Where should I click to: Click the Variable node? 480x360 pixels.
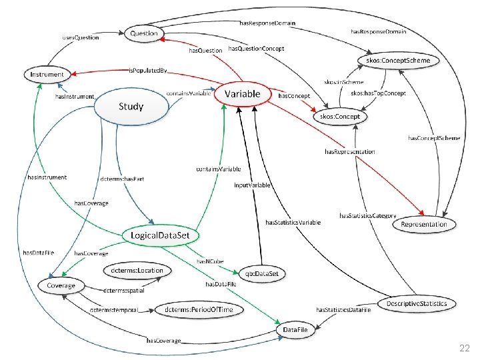[241, 94]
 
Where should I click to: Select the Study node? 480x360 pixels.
[131, 107]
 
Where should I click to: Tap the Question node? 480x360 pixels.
[144, 33]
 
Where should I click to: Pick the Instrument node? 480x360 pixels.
[47, 75]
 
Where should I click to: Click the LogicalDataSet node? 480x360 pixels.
[161, 235]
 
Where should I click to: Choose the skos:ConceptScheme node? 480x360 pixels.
[399, 61]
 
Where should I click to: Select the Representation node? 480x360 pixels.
[424, 224]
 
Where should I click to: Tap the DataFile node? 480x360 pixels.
[295, 330]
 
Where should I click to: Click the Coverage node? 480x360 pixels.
[61, 285]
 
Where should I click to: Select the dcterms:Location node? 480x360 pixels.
[137, 270]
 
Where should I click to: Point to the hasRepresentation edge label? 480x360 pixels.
[350, 151]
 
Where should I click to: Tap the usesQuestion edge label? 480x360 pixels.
[81, 37]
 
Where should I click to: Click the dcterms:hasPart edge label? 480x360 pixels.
[122, 179]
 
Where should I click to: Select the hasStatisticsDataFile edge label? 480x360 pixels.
[343, 310]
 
